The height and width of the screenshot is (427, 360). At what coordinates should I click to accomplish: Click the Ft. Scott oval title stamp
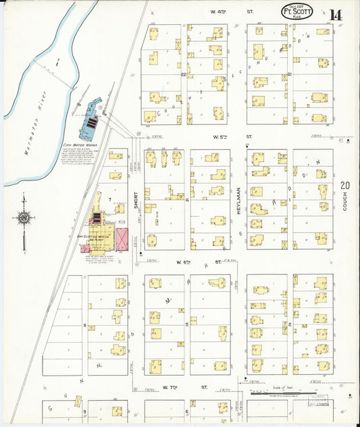coord(297,11)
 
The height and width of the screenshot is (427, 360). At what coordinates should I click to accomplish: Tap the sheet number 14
coord(336,14)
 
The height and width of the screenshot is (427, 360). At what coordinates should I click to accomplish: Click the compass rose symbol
coord(24,218)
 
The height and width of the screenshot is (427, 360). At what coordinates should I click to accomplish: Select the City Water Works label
coord(80,145)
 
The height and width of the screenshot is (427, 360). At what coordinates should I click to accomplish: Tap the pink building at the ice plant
coord(122,239)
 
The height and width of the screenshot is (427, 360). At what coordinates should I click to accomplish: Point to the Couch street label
coord(344,201)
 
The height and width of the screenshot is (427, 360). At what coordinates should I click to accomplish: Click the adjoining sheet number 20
coord(345,184)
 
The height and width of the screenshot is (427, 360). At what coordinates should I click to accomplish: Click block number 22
coord(184,74)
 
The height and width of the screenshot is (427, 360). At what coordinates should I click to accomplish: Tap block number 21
coord(289,74)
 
